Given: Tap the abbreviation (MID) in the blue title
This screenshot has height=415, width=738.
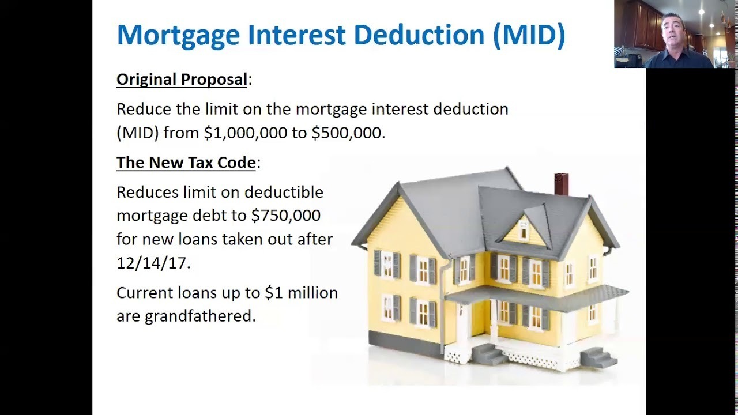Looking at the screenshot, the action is tap(529, 35).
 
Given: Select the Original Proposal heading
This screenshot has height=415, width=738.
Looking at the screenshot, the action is tap(182, 80).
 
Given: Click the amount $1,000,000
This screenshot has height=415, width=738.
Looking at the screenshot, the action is tap(246, 133).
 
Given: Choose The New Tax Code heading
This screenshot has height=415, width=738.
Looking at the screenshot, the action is tap(186, 163).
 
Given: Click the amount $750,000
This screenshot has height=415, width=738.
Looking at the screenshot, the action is tap(285, 216).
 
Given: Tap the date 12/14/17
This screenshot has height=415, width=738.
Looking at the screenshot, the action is tap(152, 263).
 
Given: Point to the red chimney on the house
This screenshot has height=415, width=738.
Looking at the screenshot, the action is tap(562, 184).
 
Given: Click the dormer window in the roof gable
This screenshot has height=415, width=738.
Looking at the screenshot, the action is tap(524, 229).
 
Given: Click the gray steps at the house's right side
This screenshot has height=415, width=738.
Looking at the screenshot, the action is tap(598, 358).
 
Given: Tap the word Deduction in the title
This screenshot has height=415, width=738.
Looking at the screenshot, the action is tap(419, 35).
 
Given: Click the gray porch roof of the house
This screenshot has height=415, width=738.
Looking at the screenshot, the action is tap(537, 297).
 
